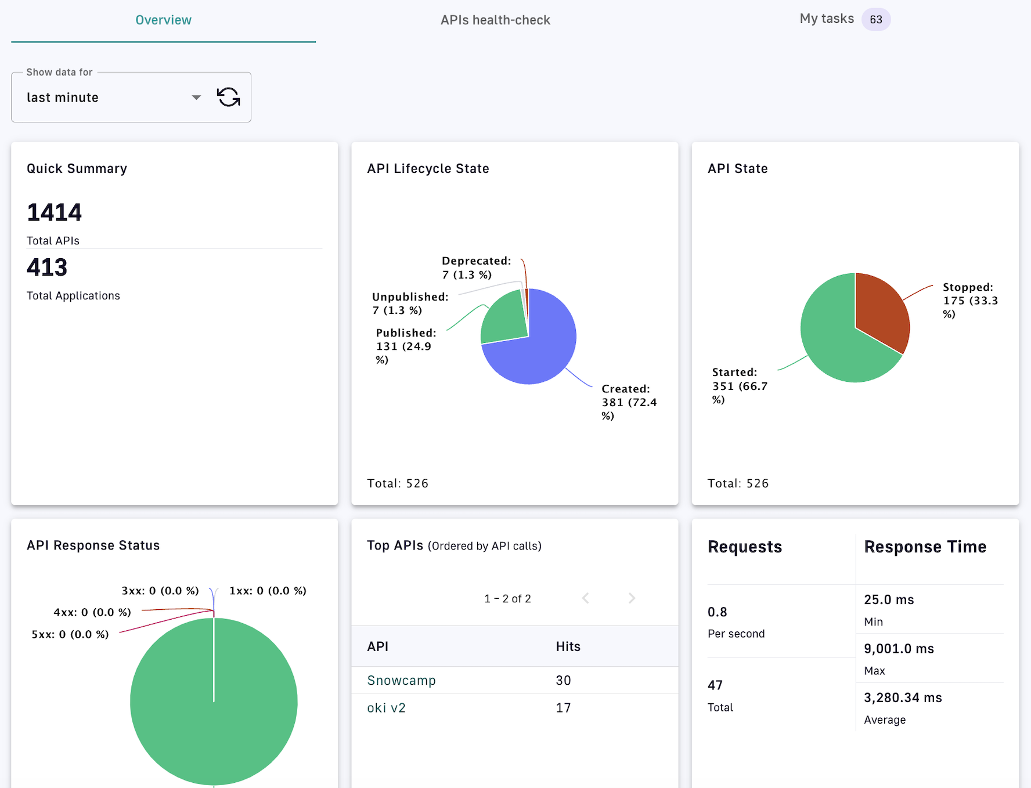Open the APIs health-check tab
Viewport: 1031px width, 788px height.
(x=495, y=20)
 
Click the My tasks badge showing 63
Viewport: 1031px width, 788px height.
(x=875, y=20)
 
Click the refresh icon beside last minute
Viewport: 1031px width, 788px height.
(x=228, y=97)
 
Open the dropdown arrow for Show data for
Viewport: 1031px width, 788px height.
(x=196, y=97)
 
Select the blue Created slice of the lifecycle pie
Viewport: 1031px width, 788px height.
(x=540, y=348)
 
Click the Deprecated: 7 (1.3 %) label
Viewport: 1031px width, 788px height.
(x=476, y=268)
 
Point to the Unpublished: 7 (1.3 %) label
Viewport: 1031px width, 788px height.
(x=410, y=303)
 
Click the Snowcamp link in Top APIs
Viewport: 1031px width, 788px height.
(x=401, y=680)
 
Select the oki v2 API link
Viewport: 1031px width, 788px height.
(x=386, y=708)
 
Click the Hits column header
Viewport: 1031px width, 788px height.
(x=568, y=646)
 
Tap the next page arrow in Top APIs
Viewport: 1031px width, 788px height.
(x=632, y=598)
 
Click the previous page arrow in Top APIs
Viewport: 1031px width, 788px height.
(x=586, y=598)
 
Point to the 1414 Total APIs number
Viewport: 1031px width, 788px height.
(x=55, y=212)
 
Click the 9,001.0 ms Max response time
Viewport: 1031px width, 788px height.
(x=899, y=649)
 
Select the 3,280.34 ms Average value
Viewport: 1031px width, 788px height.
(x=903, y=697)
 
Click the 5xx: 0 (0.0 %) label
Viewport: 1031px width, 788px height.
(x=70, y=634)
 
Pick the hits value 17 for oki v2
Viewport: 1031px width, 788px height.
(x=563, y=708)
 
